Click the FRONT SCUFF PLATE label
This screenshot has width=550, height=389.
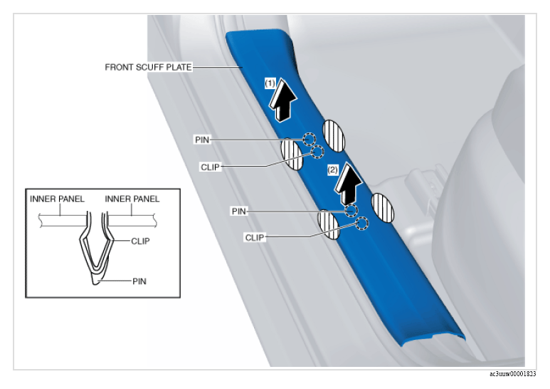(x=149, y=67)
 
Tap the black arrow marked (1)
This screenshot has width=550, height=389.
(x=282, y=101)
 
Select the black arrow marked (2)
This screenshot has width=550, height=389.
(x=347, y=185)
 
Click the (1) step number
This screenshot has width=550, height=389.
(x=270, y=83)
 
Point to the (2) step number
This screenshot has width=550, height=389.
(x=332, y=170)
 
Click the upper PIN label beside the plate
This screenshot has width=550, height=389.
(x=202, y=140)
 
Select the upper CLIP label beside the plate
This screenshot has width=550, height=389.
(x=210, y=167)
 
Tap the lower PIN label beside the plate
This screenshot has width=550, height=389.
(x=239, y=212)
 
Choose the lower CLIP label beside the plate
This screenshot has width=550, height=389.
(x=255, y=238)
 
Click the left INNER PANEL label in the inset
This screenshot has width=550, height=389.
(x=57, y=199)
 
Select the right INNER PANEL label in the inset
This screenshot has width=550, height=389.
(x=132, y=199)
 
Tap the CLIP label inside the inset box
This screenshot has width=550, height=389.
(x=140, y=242)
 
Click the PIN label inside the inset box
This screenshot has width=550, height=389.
(x=139, y=281)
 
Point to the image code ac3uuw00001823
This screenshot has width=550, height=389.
(x=513, y=374)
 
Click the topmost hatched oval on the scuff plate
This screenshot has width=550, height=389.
(x=334, y=136)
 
